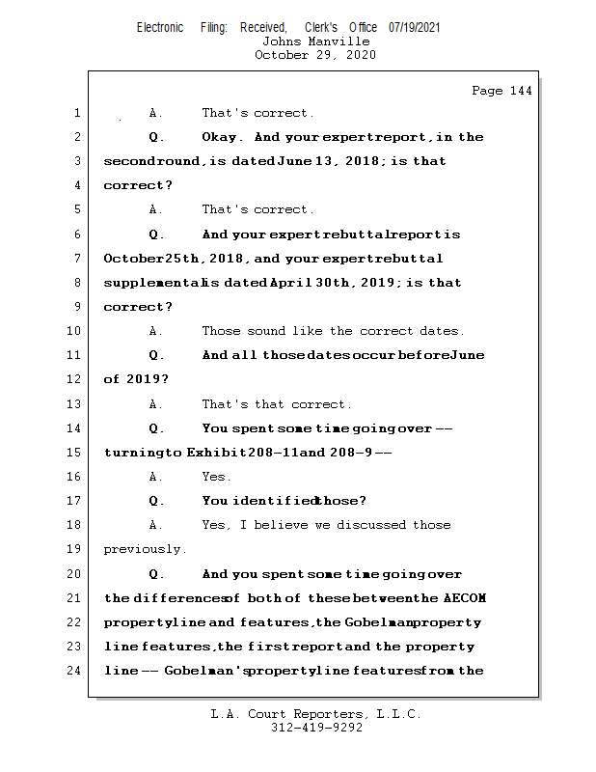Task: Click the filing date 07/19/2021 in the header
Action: coord(415,28)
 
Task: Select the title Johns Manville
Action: coord(315,41)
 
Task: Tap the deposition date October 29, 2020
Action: coord(315,55)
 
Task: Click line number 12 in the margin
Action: coord(76,379)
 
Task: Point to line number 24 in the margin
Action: coord(76,671)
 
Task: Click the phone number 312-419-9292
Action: coord(316,728)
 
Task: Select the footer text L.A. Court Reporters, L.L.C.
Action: coord(316,714)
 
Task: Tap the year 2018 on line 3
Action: coord(352,161)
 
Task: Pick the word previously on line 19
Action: coord(143,549)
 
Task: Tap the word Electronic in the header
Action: coord(160,28)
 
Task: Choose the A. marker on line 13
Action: coord(156,404)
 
